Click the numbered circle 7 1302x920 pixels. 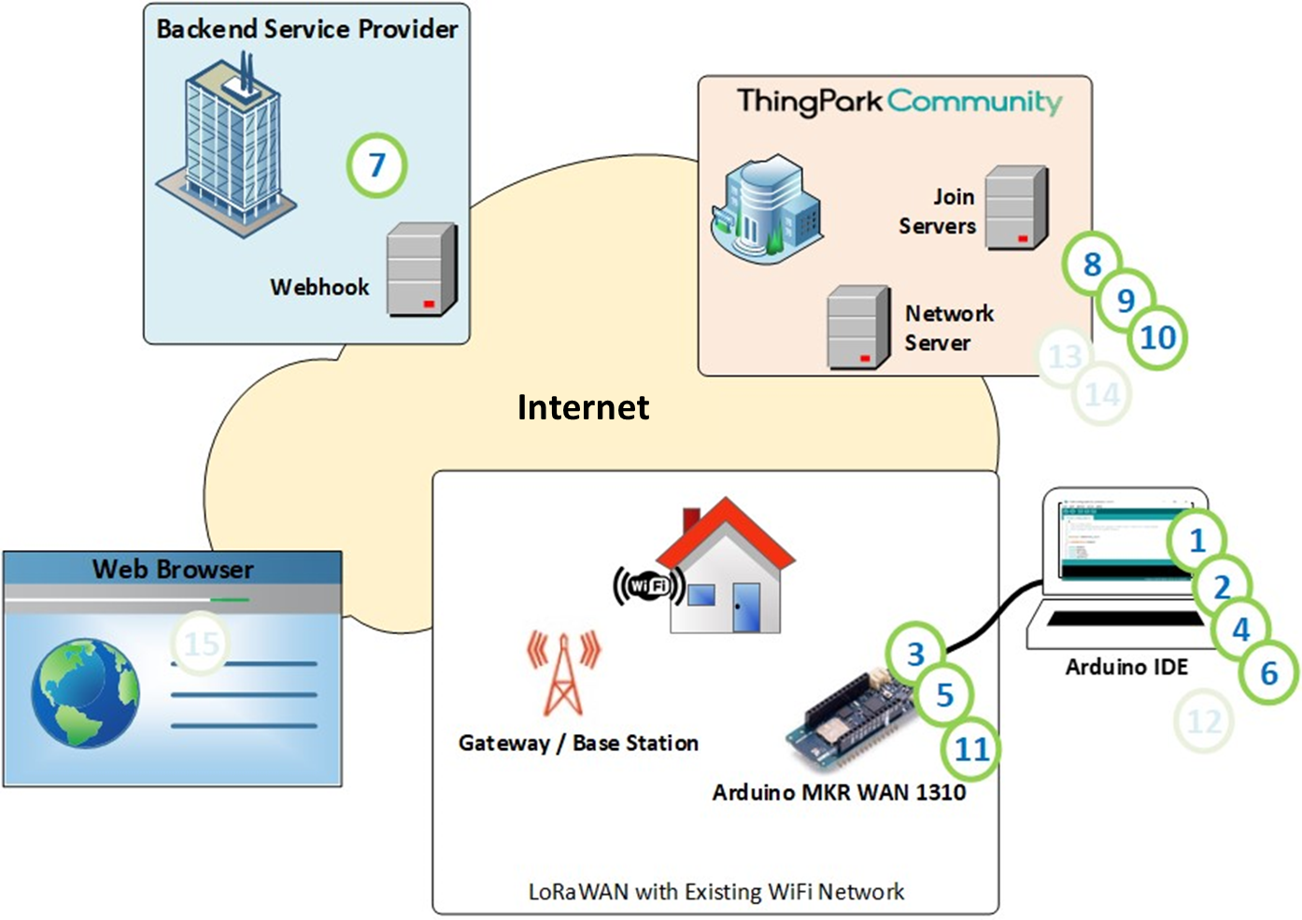[x=376, y=165]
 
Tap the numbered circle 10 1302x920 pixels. [x=1158, y=337]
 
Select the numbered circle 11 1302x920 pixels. [x=971, y=748]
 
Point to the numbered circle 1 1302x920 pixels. [x=1196, y=540]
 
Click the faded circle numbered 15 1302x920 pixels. [x=201, y=644]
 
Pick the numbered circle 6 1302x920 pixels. [x=1268, y=672]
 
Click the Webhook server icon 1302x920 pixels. [x=421, y=270]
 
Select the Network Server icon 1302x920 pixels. [x=858, y=328]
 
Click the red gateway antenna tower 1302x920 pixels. [x=563, y=673]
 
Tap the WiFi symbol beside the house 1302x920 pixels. [x=648, y=586]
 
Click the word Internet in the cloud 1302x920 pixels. [x=583, y=407]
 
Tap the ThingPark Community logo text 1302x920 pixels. [x=899, y=101]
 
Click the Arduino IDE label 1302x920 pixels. [x=1126, y=667]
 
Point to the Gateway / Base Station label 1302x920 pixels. [x=578, y=743]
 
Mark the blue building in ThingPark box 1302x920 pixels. [x=767, y=207]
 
